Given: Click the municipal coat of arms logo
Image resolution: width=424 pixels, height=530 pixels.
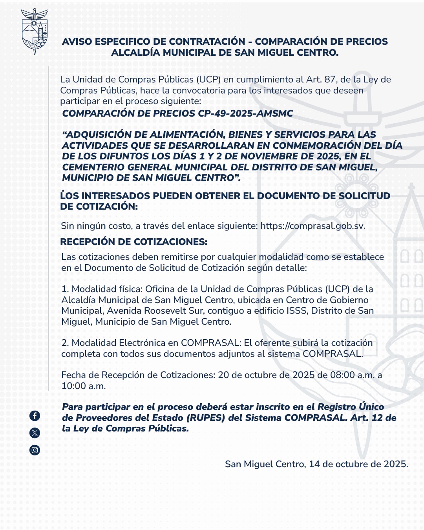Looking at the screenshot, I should pyautogui.click(x=35, y=31).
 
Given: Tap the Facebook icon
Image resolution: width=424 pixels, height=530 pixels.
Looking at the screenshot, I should pyautogui.click(x=35, y=415).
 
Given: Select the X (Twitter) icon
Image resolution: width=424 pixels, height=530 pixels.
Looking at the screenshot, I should pyautogui.click(x=35, y=433).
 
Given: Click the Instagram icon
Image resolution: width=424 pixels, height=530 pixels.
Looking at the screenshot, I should pyautogui.click(x=35, y=450).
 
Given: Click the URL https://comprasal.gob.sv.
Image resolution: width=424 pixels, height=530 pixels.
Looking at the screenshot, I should pyautogui.click(x=313, y=226).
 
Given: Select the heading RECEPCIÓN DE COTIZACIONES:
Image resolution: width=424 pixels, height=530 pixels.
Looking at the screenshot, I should pyautogui.click(x=133, y=242).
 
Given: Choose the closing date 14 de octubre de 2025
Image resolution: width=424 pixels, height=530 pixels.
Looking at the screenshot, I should pyautogui.click(x=358, y=464).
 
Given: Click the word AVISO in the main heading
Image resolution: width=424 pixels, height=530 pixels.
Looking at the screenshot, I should pyautogui.click(x=77, y=42).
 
